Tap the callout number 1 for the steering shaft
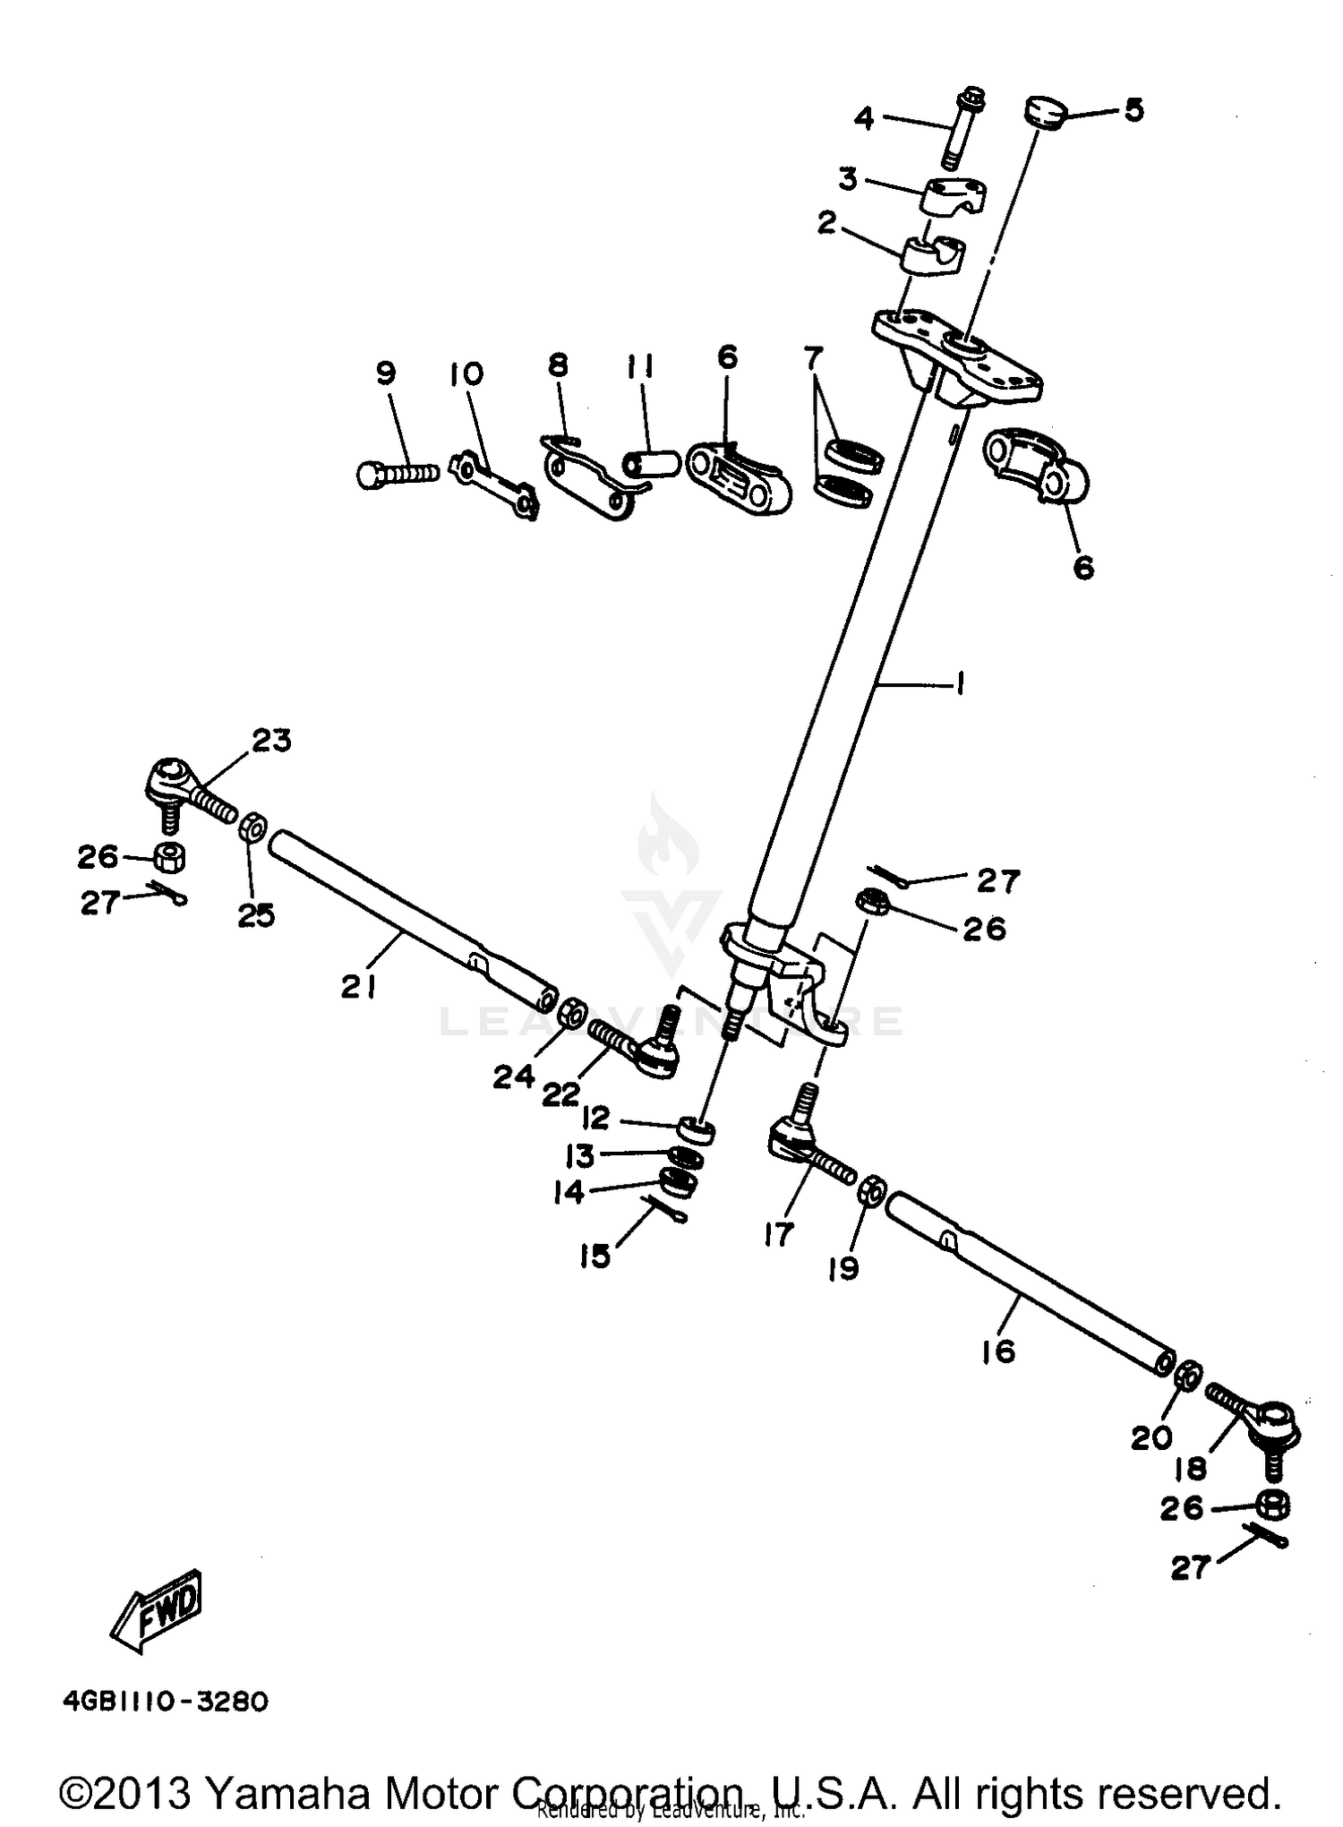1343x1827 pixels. (960, 686)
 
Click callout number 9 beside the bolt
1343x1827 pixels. (386, 373)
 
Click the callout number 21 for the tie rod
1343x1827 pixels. (358, 987)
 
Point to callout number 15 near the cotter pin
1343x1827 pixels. (595, 1256)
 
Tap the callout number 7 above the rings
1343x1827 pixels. (812, 360)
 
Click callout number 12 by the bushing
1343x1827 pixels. (595, 1118)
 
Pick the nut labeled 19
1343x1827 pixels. (872, 1191)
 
